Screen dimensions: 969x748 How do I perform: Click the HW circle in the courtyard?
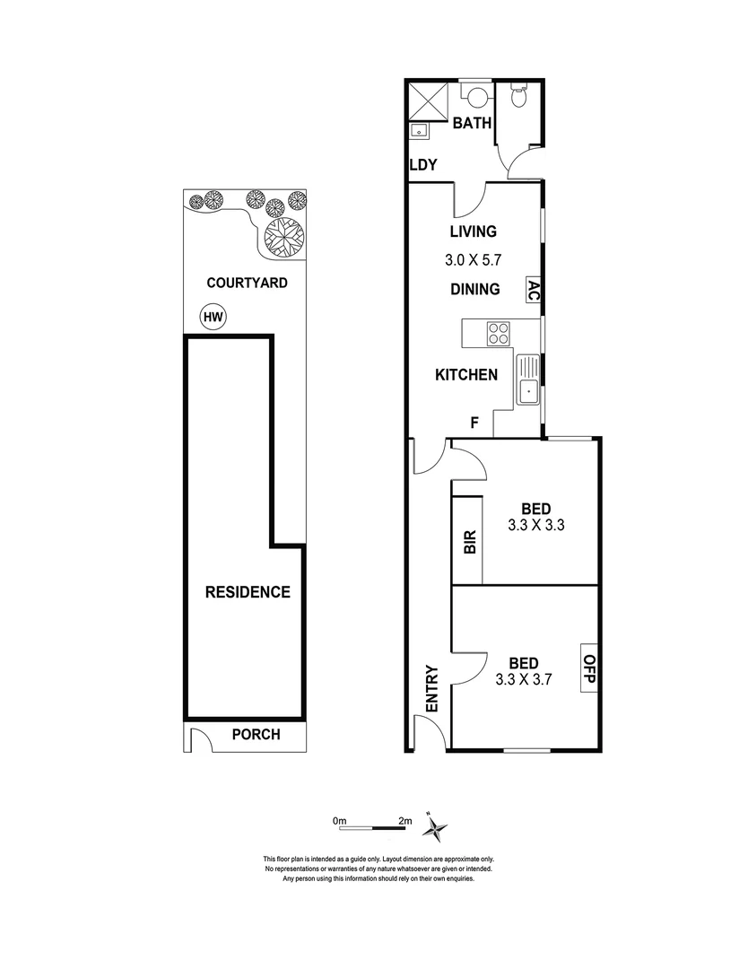click(x=212, y=317)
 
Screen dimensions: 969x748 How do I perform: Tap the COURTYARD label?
click(x=247, y=283)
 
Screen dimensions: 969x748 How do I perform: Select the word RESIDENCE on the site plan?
click(x=248, y=592)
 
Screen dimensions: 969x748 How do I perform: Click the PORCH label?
click(x=256, y=734)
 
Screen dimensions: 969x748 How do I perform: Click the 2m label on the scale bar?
click(x=404, y=820)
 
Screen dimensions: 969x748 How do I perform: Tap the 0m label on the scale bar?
click(x=339, y=820)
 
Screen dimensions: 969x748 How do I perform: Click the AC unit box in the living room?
click(x=532, y=290)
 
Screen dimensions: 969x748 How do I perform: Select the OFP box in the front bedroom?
click(x=589, y=668)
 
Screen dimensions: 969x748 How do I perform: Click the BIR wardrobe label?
click(x=468, y=542)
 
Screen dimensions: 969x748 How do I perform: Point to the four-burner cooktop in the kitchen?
click(x=498, y=334)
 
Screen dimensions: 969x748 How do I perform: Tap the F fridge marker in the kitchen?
click(x=476, y=422)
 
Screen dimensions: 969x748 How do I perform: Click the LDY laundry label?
click(x=423, y=165)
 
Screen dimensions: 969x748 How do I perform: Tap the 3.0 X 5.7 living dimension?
click(x=474, y=261)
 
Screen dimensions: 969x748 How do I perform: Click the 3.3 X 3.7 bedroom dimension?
click(x=523, y=679)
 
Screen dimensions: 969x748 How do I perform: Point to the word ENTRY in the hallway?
click(x=431, y=689)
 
